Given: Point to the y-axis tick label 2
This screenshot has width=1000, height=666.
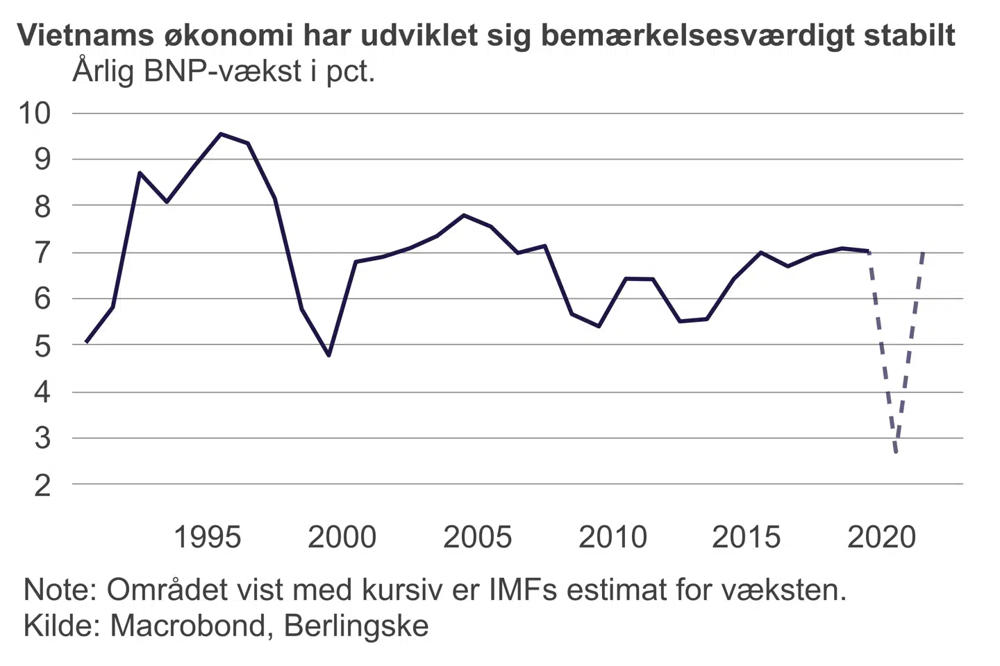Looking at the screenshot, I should [42, 486].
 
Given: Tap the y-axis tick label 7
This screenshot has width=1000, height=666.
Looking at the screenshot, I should [42, 253].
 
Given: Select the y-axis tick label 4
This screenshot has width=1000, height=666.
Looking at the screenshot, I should [42, 393].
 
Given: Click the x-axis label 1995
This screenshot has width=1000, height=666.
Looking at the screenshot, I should [207, 538].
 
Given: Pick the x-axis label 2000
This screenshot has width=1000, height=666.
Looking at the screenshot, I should [342, 538].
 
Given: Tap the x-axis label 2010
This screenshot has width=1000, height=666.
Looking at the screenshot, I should [612, 538].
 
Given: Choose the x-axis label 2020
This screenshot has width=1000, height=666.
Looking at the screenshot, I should [882, 538].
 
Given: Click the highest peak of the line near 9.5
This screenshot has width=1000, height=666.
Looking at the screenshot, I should [221, 134].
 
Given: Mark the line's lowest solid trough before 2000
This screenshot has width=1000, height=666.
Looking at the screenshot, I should [328, 355].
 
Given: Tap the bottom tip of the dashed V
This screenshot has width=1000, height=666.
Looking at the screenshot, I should [897, 452].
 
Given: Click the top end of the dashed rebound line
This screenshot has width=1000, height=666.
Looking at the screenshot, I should [923, 253].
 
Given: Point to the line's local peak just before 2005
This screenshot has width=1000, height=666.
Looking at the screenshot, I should [464, 215].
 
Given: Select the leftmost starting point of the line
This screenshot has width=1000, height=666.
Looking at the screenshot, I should [86, 342].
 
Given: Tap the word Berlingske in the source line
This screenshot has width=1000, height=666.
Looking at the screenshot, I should [356, 626].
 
